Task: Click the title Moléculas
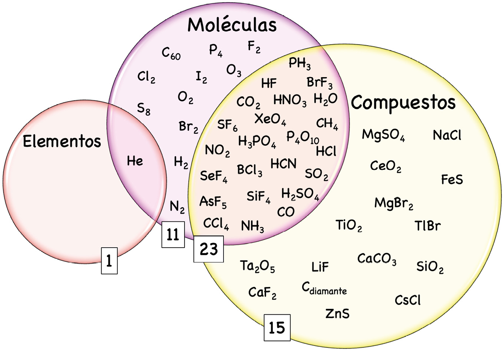232,25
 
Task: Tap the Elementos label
62,141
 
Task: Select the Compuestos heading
403,103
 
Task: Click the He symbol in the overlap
135,161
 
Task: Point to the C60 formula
171,53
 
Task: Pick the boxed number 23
209,249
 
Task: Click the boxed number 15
277,328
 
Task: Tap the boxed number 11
173,235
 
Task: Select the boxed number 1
109,261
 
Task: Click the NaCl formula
447,135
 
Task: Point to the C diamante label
324,288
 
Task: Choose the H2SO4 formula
300,194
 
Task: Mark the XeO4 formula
270,119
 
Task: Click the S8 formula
144,109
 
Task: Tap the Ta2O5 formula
257,266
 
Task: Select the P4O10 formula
303,137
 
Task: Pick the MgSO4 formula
383,135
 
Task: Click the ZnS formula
337,314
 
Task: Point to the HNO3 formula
290,100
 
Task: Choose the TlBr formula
427,225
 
